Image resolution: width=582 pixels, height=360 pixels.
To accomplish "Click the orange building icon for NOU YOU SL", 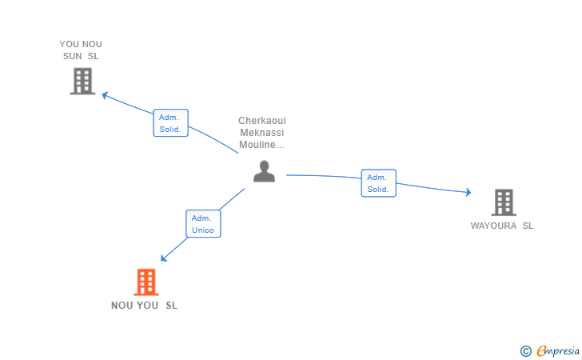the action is click(x=146, y=282).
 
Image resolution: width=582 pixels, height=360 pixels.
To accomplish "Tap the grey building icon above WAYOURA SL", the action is click(x=504, y=202).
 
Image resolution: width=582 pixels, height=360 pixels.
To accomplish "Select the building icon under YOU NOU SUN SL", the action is click(x=82, y=81).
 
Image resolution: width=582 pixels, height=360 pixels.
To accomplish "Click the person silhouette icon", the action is click(x=264, y=171).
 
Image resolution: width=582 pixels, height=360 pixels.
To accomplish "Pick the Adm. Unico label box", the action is click(x=203, y=224).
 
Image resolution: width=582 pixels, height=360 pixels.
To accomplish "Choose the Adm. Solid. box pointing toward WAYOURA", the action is click(x=379, y=183).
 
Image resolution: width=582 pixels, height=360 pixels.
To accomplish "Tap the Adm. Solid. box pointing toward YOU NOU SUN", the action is click(x=171, y=123).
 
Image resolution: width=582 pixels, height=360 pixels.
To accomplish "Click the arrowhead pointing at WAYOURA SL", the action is click(x=468, y=192).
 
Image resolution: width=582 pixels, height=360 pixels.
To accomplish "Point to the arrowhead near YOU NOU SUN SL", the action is click(x=105, y=95).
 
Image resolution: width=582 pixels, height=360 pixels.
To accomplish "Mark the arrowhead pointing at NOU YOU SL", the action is click(x=164, y=258).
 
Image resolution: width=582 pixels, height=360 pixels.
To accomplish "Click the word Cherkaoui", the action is click(x=262, y=121).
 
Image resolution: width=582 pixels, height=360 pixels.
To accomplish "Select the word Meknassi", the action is click(x=262, y=133).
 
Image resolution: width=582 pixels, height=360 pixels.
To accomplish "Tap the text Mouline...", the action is click(x=257, y=145).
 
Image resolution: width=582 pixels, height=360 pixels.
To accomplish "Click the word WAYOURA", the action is click(x=493, y=226).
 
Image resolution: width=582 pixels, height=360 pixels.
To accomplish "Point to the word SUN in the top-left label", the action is click(x=73, y=56).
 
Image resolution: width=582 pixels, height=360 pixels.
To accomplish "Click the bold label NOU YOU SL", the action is click(x=145, y=306).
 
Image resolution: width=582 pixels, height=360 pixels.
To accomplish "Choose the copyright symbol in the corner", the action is click(x=526, y=351).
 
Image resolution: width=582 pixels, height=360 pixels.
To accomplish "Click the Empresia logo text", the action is click(x=558, y=350).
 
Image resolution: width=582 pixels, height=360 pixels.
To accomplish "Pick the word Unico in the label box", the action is click(x=203, y=230).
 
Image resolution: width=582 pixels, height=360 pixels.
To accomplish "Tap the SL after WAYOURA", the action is click(x=528, y=226).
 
